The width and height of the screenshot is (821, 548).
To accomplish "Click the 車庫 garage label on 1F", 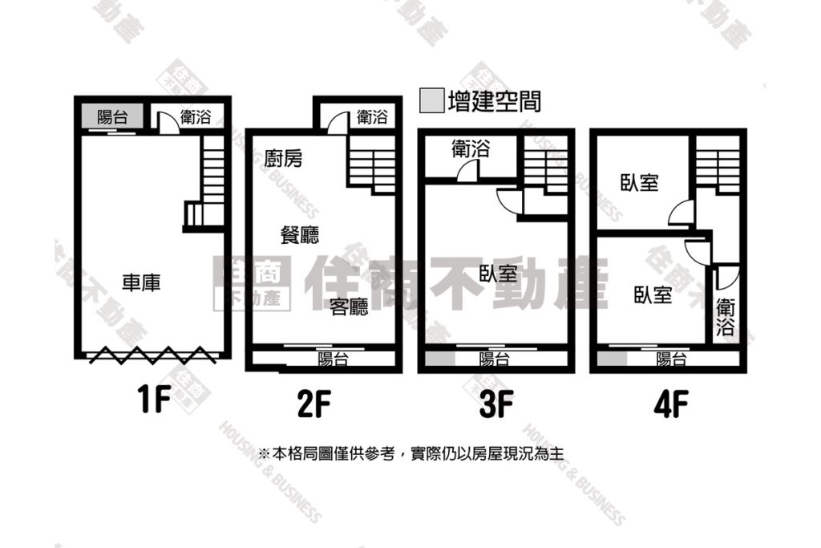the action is (141, 283).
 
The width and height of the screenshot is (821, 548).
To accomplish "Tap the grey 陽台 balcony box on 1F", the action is (112, 116).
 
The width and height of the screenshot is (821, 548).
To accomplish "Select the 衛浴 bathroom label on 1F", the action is (196, 116).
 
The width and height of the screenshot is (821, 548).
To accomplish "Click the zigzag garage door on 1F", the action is (151, 355).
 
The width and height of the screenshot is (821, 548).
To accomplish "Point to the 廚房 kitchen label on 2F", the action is (283, 158).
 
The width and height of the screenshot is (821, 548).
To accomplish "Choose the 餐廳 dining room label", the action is (300, 235).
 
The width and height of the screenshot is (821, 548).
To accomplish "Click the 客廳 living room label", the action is (350, 306).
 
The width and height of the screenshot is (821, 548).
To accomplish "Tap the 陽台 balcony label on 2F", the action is (333, 359).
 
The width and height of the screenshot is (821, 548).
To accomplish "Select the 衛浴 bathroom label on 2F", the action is (372, 116).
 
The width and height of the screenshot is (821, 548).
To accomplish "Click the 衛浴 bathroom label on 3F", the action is (470, 148).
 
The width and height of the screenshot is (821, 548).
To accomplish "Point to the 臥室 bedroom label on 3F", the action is (499, 273).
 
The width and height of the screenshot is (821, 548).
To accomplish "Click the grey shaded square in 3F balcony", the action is (440, 359).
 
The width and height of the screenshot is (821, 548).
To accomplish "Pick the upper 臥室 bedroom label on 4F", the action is (639, 182).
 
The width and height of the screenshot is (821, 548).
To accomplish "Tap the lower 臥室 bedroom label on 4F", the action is (653, 294).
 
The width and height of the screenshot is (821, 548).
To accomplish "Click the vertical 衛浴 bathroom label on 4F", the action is (725, 316).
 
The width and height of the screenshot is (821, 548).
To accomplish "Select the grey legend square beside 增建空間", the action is (432, 100).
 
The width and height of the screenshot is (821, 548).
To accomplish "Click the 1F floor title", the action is (154, 400).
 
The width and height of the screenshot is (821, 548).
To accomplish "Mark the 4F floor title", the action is (671, 404).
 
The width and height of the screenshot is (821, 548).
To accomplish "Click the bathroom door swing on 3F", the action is (467, 171).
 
